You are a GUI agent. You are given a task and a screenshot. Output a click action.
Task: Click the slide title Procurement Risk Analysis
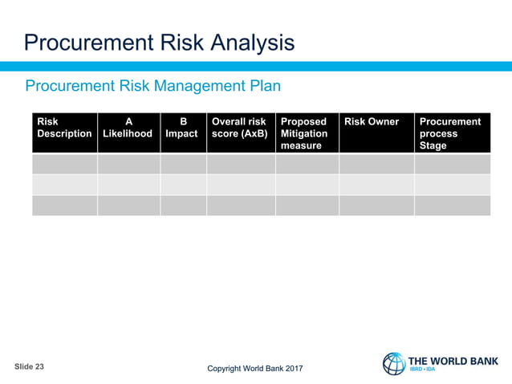pos(159,42)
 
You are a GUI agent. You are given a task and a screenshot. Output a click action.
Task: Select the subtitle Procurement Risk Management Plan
pos(152,85)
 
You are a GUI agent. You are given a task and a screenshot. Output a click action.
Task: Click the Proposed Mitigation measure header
pos(306,133)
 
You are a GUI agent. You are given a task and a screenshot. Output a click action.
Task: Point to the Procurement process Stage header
pos(451,133)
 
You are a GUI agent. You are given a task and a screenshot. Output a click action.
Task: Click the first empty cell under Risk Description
pos(64,164)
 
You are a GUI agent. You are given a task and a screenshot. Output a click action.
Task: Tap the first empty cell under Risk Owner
pos(376,164)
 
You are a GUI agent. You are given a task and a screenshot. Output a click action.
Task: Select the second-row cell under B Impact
pos(182,185)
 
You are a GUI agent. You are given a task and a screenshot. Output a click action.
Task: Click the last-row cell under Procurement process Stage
pos(451,205)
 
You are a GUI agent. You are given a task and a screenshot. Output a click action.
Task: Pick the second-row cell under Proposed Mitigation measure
pos(306,185)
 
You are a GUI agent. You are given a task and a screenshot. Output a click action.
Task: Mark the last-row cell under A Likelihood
pos(128,205)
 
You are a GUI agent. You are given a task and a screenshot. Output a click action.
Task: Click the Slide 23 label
pos(30,366)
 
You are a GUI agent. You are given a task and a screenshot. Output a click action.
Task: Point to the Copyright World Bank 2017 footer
pos(255,369)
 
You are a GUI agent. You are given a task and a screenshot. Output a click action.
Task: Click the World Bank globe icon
pos(394,363)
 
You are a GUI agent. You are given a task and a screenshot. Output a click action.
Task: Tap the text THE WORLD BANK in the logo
pos(453,361)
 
